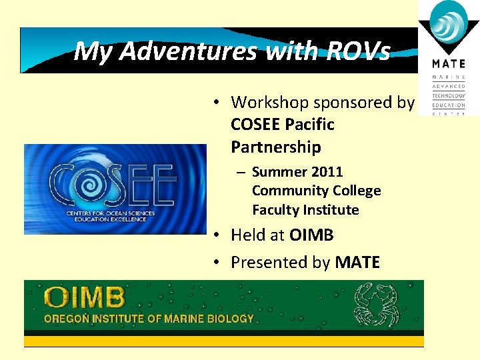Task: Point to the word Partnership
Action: click(x=275, y=147)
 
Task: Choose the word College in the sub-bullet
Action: click(x=354, y=191)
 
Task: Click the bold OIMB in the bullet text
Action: click(x=311, y=235)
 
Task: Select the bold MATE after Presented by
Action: click(x=357, y=263)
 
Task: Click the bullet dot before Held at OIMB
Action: click(x=217, y=236)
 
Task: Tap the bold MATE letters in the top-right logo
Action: click(x=448, y=64)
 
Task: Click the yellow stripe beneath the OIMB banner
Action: click(x=223, y=341)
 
